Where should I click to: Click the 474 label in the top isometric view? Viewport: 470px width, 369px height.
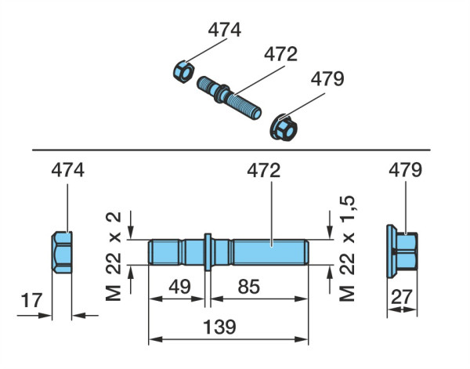[x=225, y=30]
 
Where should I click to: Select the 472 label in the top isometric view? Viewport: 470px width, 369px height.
[x=280, y=54]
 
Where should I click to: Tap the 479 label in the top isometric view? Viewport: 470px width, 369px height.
[x=327, y=79]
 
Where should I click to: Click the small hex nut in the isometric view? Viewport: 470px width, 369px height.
[x=183, y=71]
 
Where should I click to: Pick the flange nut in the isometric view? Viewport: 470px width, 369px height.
[x=284, y=128]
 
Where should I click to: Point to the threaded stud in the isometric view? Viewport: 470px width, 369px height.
[x=229, y=97]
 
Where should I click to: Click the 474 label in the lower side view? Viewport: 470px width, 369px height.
[x=67, y=170]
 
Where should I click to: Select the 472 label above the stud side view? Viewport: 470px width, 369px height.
[x=264, y=171]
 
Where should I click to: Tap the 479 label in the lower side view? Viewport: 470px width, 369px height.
[x=405, y=170]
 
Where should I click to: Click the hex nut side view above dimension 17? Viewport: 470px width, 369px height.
[x=62, y=252]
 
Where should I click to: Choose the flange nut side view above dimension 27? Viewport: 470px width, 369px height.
[x=402, y=251]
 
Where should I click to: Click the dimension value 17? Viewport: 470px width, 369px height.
[x=31, y=300]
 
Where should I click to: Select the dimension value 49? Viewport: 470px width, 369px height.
[x=179, y=286]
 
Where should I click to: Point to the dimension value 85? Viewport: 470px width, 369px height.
[x=249, y=286]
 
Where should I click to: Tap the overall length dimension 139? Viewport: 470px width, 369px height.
[x=219, y=327]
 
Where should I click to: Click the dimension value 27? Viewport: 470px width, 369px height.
[x=402, y=297]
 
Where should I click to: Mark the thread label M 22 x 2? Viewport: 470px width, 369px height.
[x=114, y=257]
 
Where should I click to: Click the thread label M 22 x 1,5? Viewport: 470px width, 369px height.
[x=347, y=248]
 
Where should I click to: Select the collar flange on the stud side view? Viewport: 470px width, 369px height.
[x=208, y=252]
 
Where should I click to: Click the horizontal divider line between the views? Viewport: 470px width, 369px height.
[x=231, y=150]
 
